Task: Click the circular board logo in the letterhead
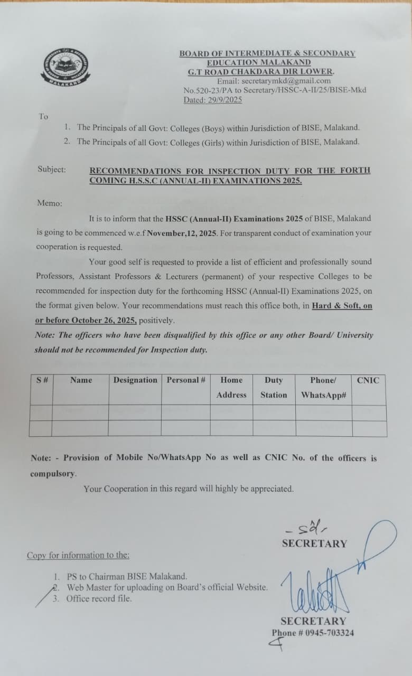click(66, 71)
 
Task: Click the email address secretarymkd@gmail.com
click(285, 81)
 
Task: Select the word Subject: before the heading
click(52, 170)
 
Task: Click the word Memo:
click(49, 203)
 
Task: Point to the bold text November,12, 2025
click(182, 232)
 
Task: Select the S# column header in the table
click(41, 380)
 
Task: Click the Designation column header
click(135, 380)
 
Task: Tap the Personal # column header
click(186, 380)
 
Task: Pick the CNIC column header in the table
click(368, 380)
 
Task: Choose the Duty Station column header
click(274, 387)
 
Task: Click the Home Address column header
click(231, 387)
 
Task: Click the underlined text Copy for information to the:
click(78, 555)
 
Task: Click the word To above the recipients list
click(43, 116)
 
